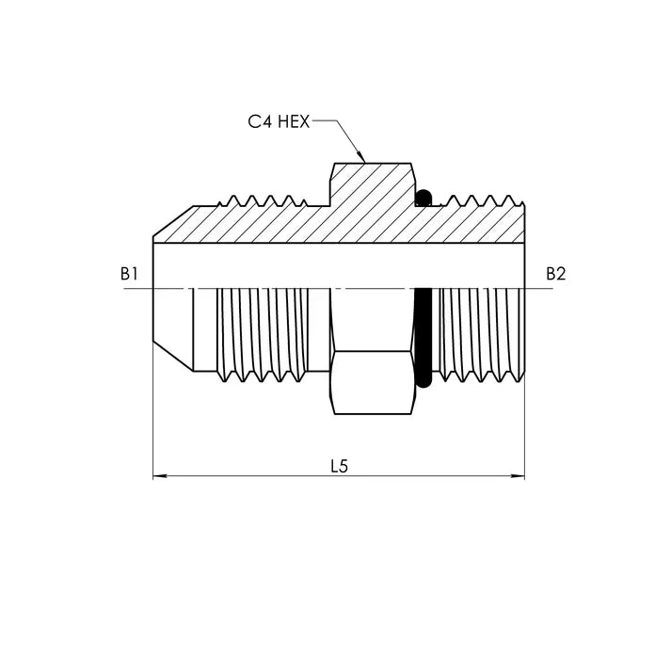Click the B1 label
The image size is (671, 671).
point(130,274)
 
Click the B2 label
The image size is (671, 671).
point(556,274)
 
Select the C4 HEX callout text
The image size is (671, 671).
point(279,122)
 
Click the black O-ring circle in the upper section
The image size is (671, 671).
point(423,198)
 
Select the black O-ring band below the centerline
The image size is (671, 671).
point(423,337)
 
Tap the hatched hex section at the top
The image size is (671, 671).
point(372,184)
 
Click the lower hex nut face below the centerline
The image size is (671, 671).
point(373,381)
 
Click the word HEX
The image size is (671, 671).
point(295,122)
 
